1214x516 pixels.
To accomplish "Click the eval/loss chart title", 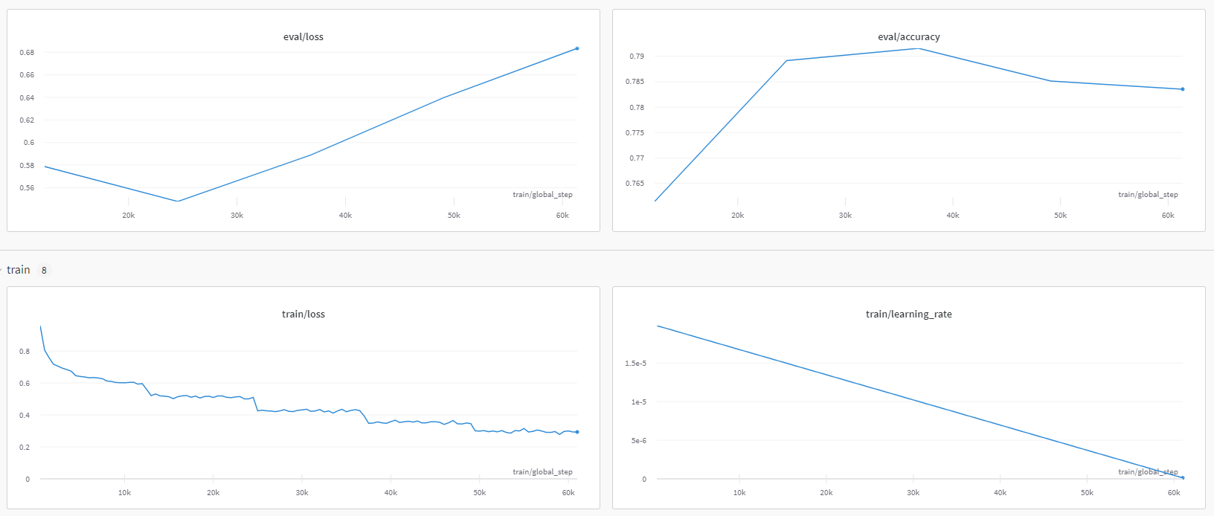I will (303, 37).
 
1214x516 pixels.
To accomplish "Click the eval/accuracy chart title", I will (908, 37).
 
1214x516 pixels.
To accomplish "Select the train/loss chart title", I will (303, 315).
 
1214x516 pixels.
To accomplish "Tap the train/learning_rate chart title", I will (908, 315).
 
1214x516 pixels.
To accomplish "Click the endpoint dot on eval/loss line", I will (577, 48).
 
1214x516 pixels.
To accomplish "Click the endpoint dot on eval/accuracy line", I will (1182, 89).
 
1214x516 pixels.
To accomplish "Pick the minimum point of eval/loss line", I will (177, 201).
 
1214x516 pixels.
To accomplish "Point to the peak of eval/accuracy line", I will (919, 48).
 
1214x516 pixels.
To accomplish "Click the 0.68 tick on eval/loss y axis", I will (27, 53).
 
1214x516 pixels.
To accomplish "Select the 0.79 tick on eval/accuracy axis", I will (636, 57).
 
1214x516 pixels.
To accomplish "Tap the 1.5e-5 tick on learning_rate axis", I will (635, 364).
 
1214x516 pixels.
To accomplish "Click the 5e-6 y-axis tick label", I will (638, 441).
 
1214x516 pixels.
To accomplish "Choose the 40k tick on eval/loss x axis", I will (345, 216).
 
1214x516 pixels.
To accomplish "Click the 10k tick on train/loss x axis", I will (124, 493).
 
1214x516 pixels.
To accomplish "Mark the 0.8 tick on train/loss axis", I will (25, 352).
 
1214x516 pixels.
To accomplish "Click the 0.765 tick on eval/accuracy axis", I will (635, 184).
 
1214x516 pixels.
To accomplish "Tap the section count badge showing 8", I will (44, 271).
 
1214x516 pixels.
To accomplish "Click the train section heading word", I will (19, 270).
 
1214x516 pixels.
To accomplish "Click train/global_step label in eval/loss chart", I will (542, 195).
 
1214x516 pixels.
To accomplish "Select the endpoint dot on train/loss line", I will (577, 432).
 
